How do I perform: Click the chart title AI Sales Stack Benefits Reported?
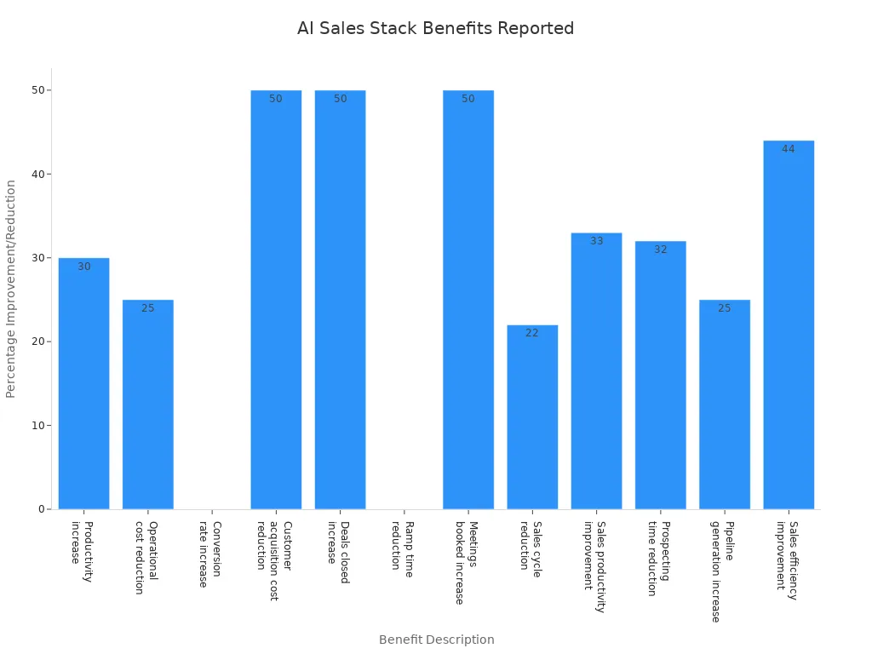435,28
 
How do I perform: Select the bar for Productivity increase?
83,383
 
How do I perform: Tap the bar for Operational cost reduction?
147,404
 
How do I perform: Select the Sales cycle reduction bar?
532,417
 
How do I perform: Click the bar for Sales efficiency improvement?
789,324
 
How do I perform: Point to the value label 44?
789,149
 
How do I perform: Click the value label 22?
532,333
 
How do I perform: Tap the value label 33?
596,241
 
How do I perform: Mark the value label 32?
661,250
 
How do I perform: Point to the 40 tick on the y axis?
37,174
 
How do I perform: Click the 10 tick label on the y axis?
37,426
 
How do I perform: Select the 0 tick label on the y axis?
41,509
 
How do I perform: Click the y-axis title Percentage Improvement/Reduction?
11,289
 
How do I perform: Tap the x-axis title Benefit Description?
436,640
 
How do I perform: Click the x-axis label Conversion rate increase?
209,554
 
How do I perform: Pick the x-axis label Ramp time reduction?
402,549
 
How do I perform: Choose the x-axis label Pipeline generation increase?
721,571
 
